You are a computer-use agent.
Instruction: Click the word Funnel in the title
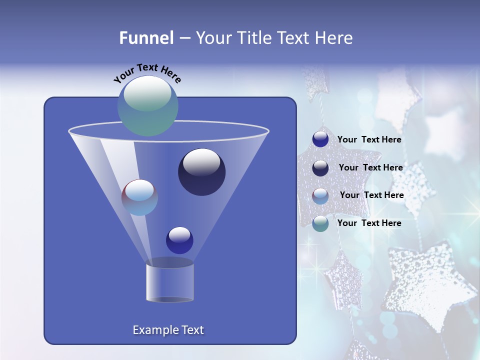tap(146, 38)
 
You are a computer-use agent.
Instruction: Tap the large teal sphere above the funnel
tap(148, 106)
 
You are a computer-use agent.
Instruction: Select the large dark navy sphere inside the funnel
tap(201, 172)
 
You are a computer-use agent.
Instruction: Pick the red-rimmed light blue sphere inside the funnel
tap(139, 197)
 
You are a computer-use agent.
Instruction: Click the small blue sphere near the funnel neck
tap(179, 240)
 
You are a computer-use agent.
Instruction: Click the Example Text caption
tap(168, 330)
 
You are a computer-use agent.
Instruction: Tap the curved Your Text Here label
tap(147, 73)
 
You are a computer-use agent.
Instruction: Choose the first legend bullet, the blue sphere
tap(320, 139)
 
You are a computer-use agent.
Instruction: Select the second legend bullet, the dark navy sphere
tap(320, 167)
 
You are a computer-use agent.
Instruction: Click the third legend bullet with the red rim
tap(320, 195)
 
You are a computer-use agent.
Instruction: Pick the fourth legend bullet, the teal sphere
tap(320, 223)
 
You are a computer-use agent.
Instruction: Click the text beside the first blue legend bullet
tap(369, 140)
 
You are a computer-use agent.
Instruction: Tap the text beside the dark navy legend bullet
tap(370, 168)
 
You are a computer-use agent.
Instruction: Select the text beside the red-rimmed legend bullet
tap(371, 195)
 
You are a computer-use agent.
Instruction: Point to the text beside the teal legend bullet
tap(369, 223)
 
